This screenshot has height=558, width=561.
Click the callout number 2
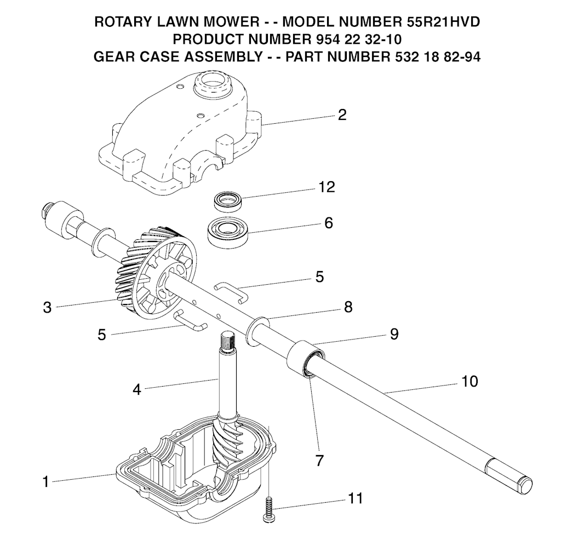click(342, 115)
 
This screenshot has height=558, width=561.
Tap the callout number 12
click(327, 187)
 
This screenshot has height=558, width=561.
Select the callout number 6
click(329, 223)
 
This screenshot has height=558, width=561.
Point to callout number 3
click(47, 307)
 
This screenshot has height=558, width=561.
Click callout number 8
click(348, 307)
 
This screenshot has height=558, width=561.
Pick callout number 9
click(394, 334)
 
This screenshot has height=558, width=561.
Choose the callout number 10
click(470, 381)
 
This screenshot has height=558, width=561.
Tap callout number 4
click(136, 389)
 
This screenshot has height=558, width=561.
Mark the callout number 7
click(319, 461)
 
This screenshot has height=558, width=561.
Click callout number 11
click(355, 498)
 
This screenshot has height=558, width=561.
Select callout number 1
click(45, 482)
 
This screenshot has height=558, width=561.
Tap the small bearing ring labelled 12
click(228, 202)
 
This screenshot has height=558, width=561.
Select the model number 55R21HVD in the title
click(443, 22)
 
